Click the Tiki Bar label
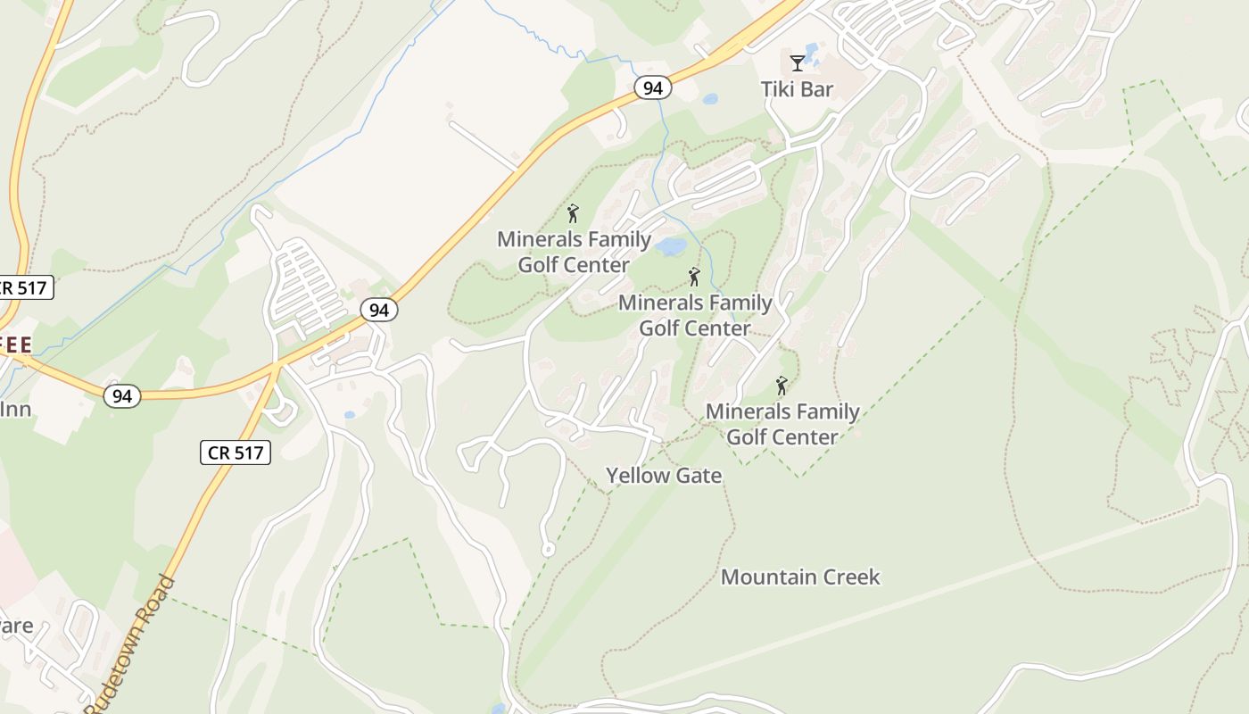pos(797,89)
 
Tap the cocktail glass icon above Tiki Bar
pos(797,62)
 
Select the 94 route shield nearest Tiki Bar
pos(653,87)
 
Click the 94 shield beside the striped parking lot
pos(379,310)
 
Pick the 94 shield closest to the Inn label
pos(121,395)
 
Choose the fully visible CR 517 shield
pos(236,452)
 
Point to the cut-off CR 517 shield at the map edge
pos(25,287)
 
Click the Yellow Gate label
pos(664,476)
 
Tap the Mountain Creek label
pos(800,577)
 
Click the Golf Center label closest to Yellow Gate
pos(782,424)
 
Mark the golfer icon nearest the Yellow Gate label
pos(782,386)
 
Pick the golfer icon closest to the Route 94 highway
pos(573,213)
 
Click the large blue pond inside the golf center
pos(671,245)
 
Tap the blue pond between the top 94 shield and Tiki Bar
pos(710,99)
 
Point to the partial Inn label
pos(16,410)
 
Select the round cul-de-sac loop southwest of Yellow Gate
pos(548,549)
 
